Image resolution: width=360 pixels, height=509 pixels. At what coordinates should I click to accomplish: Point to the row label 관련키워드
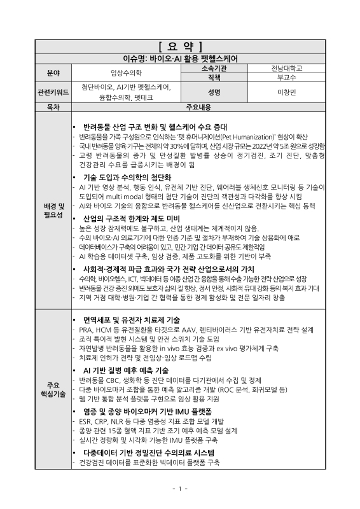coord(53,92)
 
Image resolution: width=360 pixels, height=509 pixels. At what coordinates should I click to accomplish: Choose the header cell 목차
coord(53,108)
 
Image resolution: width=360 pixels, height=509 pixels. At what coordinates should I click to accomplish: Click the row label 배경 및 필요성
coord(53,211)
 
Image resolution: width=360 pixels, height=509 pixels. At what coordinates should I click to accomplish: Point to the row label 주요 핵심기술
coord(53,389)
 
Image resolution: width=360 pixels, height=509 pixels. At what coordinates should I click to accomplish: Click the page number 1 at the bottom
coord(179,488)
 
